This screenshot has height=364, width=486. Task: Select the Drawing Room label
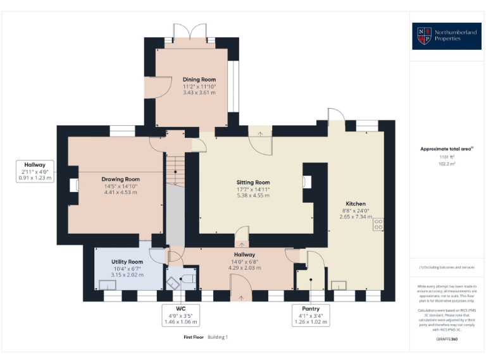point(120,179)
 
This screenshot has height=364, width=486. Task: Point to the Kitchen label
point(355,203)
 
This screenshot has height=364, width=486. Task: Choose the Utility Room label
point(127,262)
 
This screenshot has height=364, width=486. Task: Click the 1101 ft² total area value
point(446,156)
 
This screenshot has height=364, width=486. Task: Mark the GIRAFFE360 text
point(447,339)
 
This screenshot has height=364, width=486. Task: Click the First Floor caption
point(193,337)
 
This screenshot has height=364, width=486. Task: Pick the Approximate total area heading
point(446,149)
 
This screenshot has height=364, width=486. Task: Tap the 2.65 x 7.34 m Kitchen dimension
point(355,216)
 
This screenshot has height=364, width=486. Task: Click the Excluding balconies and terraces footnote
point(446,269)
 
